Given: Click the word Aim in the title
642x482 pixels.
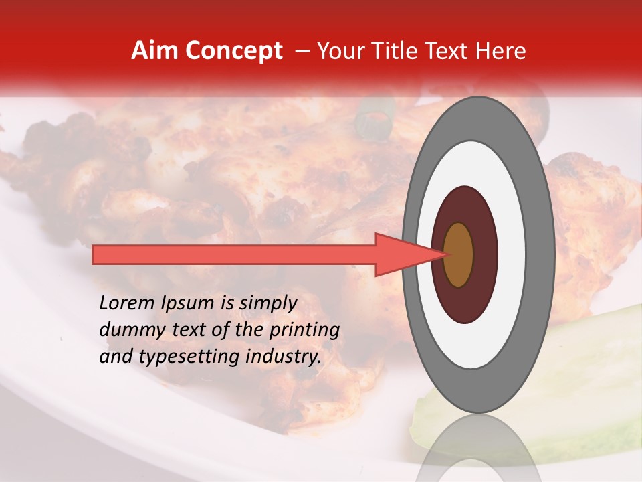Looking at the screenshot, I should pyautogui.click(x=153, y=51).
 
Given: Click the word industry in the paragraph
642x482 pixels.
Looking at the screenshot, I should pyautogui.click(x=284, y=357).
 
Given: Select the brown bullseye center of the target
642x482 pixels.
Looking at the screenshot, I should pyautogui.click(x=459, y=254).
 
